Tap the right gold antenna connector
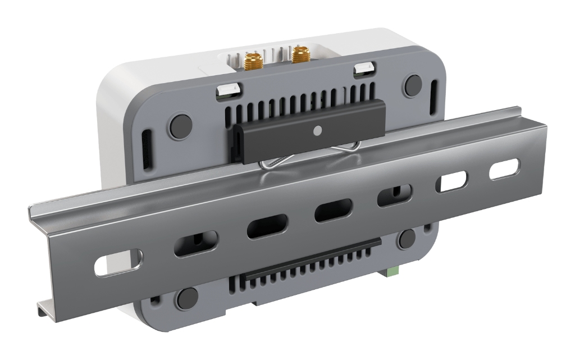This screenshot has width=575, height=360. tap(301, 55)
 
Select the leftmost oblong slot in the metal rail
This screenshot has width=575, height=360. tap(118, 265)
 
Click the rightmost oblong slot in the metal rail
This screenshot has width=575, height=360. tap(504, 170)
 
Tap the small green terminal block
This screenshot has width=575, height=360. tap(391, 272)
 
